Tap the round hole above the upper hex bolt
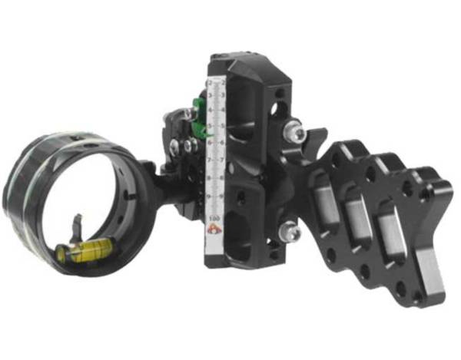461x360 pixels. pyautogui.click(x=280, y=99)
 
